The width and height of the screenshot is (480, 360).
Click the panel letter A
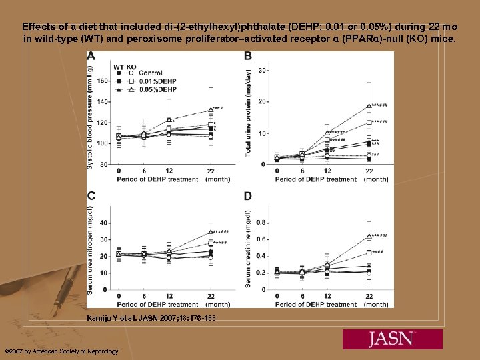[x=91, y=57]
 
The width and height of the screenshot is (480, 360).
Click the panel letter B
[x=248, y=55]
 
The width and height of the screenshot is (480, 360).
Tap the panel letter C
[x=91, y=195]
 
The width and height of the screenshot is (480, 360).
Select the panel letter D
[x=248, y=196]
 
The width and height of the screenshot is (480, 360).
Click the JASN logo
[x=393, y=339]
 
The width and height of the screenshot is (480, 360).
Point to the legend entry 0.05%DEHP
[x=158, y=89]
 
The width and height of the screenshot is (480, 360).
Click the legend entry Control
[x=151, y=73]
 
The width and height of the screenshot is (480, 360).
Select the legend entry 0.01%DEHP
[x=158, y=81]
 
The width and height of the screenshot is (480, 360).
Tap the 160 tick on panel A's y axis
[x=102, y=81]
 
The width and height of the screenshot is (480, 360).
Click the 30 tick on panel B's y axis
[x=263, y=70]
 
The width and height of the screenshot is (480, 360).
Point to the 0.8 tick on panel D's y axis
[x=262, y=222]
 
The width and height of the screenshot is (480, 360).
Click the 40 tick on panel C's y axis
[x=103, y=222]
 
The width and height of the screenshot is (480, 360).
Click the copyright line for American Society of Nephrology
[x=61, y=351]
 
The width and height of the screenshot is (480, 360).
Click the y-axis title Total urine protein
[x=249, y=113]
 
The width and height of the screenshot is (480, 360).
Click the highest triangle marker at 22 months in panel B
[x=369, y=105]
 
